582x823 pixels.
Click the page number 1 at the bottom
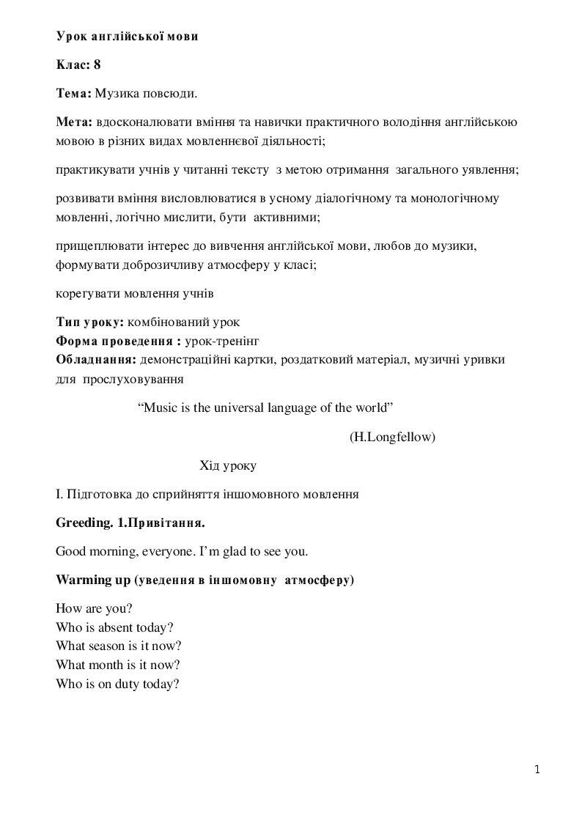tap(537, 769)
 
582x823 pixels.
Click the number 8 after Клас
tap(97, 64)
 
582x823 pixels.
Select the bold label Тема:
tap(73, 94)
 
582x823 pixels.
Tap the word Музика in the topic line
tap(117, 94)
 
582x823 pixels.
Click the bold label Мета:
tap(74, 121)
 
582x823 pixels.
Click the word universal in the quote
tap(241, 407)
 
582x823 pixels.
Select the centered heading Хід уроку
tap(228, 465)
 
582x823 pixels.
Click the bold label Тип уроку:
tap(90, 322)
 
